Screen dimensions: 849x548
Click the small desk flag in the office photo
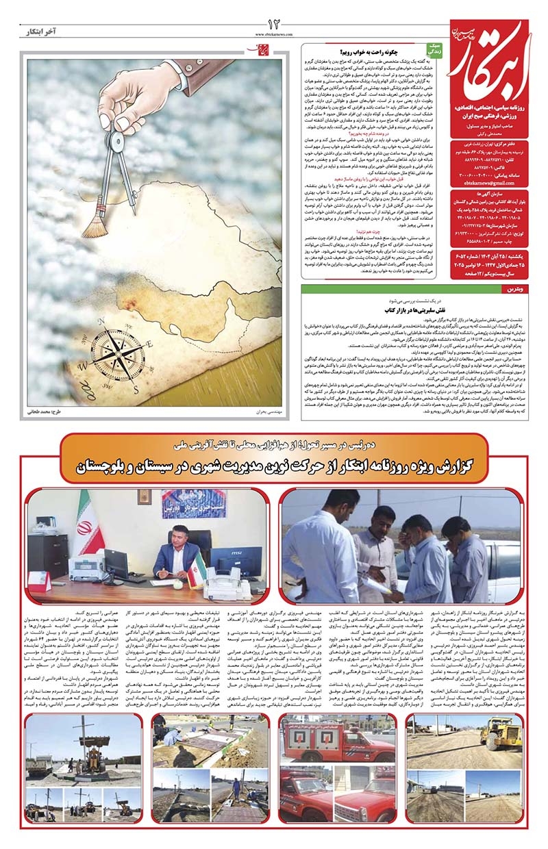pyautogui.click(x=199, y=568)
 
